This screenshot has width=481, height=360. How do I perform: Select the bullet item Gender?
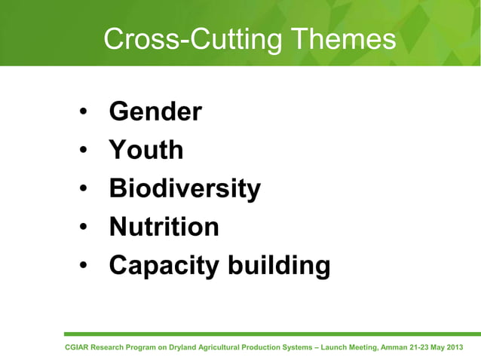(155, 112)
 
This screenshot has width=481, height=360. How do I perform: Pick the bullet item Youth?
(146, 150)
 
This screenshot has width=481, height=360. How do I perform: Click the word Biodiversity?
(185, 188)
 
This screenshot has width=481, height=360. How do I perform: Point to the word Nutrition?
(164, 227)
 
